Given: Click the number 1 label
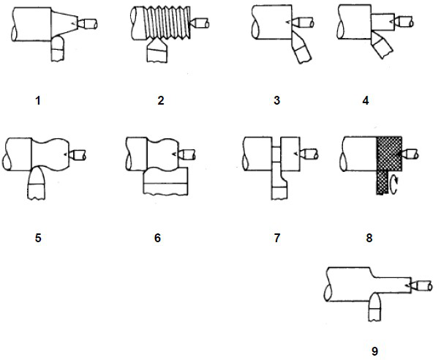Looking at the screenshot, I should (x=38, y=100).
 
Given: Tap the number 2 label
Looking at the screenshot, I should (x=160, y=100).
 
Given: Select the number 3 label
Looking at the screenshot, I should (x=276, y=100).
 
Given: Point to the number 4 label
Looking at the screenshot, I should (x=365, y=100).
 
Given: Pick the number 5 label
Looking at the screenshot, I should (x=38, y=238).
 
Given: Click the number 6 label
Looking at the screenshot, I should (x=157, y=238).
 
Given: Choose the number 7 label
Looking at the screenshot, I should (x=276, y=238).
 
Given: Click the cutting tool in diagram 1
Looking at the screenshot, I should (x=56, y=50).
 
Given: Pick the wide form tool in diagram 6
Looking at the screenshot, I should (x=165, y=180).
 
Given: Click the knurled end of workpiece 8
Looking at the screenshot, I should (x=388, y=154).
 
